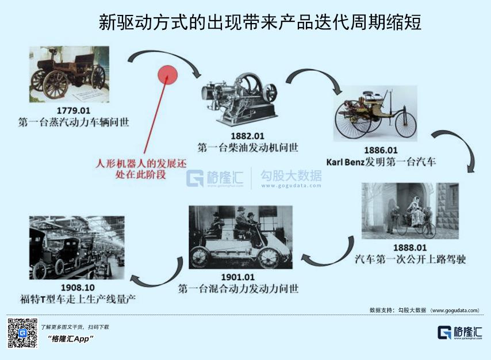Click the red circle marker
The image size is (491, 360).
point(167,75)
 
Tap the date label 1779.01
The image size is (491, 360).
point(73,110)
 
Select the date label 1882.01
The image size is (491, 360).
point(247,136)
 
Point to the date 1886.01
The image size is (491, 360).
point(381,151)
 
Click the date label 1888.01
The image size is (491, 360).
point(410,248)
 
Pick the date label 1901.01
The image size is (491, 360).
point(237,277)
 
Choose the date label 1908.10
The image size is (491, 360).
point(78,288)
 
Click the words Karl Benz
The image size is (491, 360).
point(345,162)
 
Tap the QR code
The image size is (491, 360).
point(22,333)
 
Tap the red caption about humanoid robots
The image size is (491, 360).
point(141,169)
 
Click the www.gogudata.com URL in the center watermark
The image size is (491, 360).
point(291,186)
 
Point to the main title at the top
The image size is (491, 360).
point(260,22)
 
